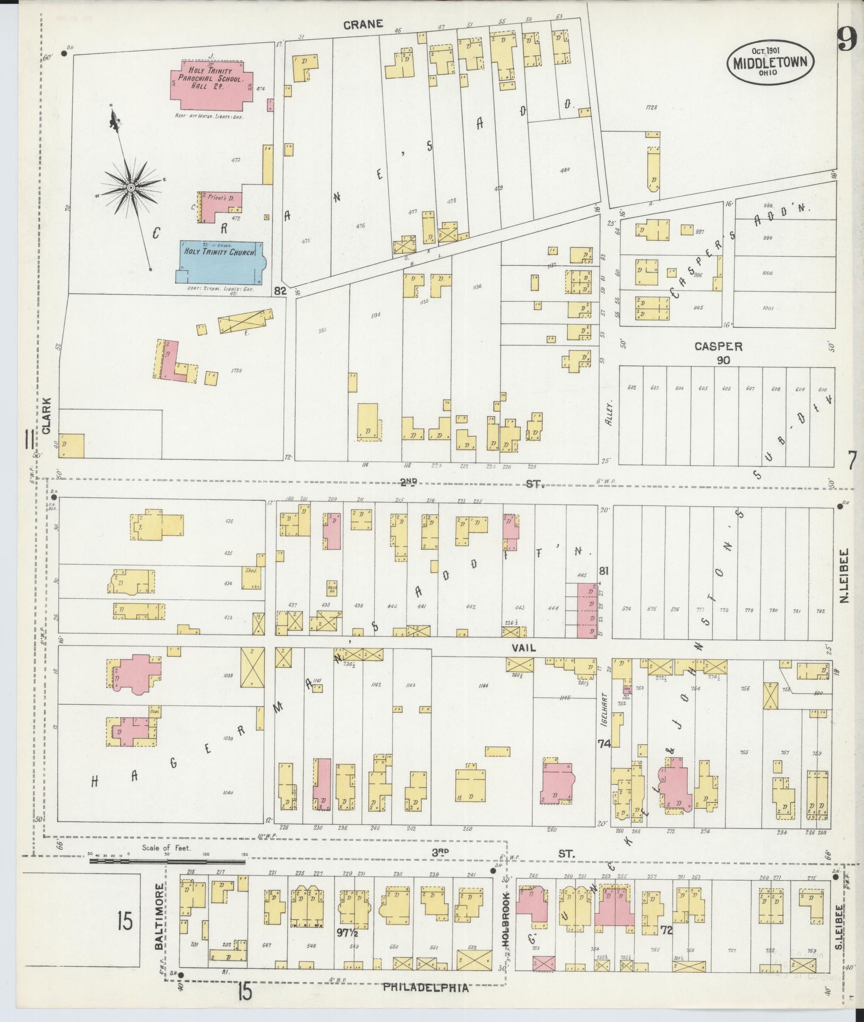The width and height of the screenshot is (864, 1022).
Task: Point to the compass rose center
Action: (x=131, y=188)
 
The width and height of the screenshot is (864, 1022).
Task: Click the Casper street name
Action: (x=718, y=347)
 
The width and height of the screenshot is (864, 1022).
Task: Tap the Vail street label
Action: (x=523, y=648)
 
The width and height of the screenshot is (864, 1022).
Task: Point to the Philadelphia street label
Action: (x=426, y=988)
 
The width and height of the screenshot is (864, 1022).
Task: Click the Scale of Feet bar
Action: (x=167, y=861)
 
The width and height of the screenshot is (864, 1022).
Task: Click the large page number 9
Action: (x=848, y=39)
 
